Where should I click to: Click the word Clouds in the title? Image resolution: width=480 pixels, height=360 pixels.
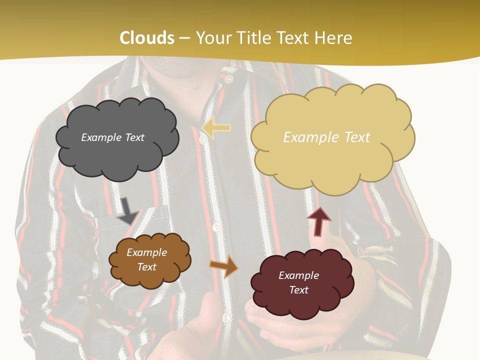coord(147,38)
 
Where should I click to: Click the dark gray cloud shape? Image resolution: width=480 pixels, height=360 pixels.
coord(117,137)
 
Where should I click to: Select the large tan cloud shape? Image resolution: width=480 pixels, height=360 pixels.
coord(332,137)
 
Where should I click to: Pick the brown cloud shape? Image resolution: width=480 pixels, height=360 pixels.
coord(149,260)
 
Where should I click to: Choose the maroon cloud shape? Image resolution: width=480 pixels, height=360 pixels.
coord(302,283)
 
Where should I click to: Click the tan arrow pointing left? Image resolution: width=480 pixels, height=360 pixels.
coord(216,128)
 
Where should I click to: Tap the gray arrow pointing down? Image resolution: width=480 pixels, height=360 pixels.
coord(127,210)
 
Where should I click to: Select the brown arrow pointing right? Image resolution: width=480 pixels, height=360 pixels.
coord(224,266)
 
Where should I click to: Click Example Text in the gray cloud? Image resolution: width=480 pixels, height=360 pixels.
coord(112,137)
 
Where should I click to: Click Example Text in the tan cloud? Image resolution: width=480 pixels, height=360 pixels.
coord(326,137)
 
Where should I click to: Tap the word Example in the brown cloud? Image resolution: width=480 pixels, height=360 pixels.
coord(146,252)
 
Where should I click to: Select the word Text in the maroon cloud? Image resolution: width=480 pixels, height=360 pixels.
coord(298,290)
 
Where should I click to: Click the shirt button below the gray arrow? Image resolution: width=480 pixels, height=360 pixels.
coord(216,227)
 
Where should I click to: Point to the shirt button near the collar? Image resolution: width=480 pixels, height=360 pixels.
coord(229,78)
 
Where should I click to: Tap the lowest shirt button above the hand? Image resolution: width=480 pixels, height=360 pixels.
coord(225,317)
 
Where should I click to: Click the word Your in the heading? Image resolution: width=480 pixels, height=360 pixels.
coord(210,38)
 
